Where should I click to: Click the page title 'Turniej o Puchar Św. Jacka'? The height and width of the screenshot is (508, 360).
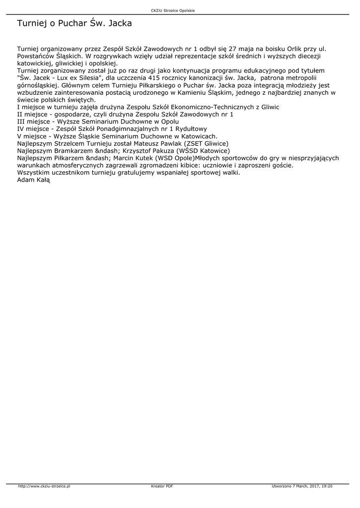point(74,23)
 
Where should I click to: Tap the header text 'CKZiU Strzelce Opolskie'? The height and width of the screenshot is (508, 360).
point(180,10)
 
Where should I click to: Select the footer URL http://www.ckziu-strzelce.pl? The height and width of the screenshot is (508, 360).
point(44,486)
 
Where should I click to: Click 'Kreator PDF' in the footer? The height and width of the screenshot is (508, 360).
point(162,486)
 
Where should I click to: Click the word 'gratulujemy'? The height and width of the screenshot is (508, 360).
point(136,172)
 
